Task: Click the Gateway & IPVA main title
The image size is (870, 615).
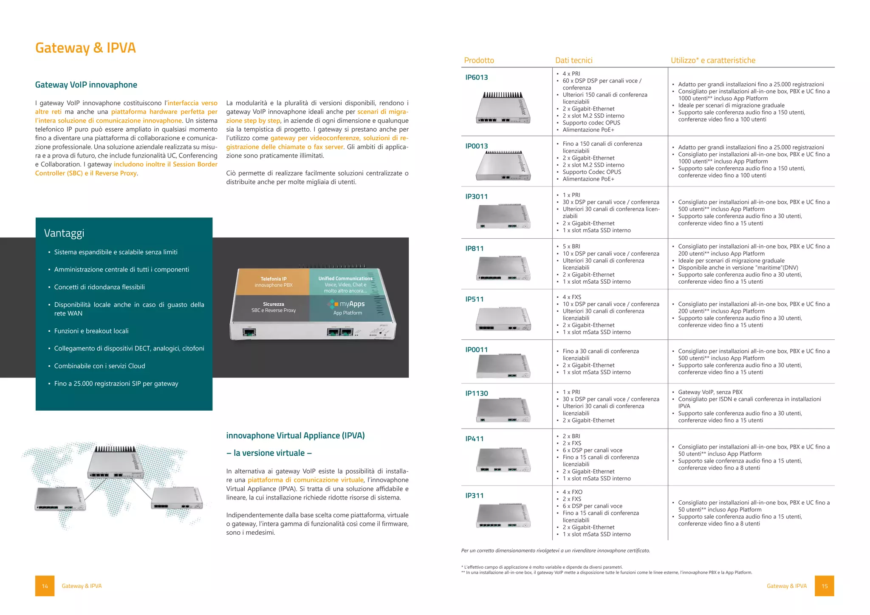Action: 85,48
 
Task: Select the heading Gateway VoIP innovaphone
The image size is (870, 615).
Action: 86,85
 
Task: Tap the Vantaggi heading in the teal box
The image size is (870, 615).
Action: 64,233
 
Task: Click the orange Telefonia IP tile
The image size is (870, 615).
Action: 273,282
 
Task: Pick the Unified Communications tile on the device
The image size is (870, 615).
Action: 345,284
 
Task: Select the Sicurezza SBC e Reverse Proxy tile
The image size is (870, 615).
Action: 273,307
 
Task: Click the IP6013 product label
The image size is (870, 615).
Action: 476,77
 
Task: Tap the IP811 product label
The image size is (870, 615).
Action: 474,248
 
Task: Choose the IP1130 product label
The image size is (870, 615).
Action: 476,393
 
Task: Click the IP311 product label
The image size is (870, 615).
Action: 474,496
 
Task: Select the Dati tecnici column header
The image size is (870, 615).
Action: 573,60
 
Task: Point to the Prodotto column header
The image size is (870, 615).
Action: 479,60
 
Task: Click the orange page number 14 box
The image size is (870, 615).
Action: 45,586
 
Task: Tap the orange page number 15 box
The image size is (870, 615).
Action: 824,586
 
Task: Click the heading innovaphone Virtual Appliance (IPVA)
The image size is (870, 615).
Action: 295,435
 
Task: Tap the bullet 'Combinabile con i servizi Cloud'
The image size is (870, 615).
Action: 99,366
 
